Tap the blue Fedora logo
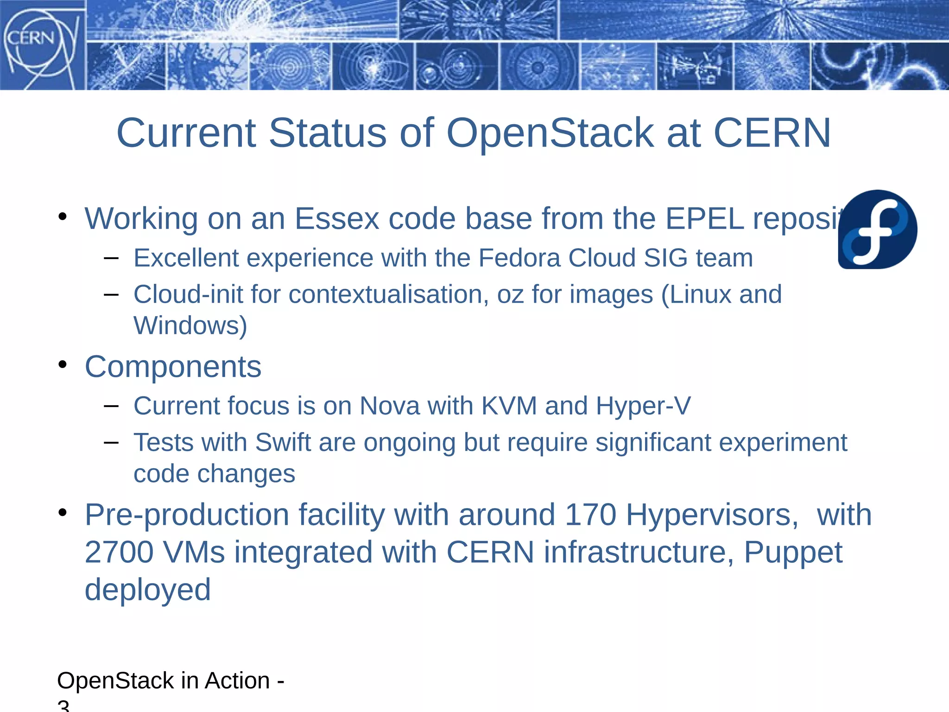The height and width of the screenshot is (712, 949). coord(877,229)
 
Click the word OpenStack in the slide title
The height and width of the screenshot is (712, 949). coord(550,133)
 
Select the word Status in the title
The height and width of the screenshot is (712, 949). coord(327,133)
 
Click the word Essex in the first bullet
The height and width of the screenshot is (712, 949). coord(336,218)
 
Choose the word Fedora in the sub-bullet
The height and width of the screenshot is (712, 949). coord(519,258)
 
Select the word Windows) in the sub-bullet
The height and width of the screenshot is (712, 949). coord(190,325)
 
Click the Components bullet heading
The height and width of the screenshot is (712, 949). coord(173,367)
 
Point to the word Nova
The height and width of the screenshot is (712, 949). coord(389,406)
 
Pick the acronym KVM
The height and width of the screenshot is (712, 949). coord(509,406)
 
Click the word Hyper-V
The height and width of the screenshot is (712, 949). coord(643,406)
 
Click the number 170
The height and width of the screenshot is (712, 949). coord(590,515)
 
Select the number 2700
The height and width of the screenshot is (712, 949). coord(119,552)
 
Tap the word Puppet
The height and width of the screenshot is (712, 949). coord(793,553)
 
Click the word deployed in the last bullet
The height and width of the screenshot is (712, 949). coord(147,590)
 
